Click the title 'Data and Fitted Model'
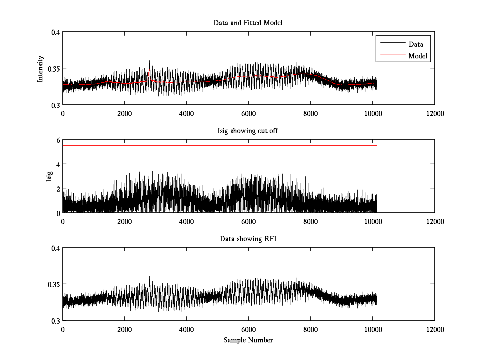click(x=248, y=23)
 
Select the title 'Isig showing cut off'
click(x=248, y=131)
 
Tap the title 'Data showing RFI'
click(x=248, y=239)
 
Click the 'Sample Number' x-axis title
click(x=248, y=340)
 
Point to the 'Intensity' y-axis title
click(x=40, y=69)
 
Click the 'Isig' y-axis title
click(x=49, y=176)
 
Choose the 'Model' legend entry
click(x=418, y=56)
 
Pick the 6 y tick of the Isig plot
click(x=58, y=140)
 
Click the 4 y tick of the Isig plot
click(x=58, y=164)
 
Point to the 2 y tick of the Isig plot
click(x=58, y=188)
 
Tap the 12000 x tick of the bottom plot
click(x=435, y=330)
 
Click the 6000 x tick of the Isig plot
click(x=248, y=222)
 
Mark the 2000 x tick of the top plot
click(x=124, y=114)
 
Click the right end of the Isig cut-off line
click(x=377, y=145)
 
